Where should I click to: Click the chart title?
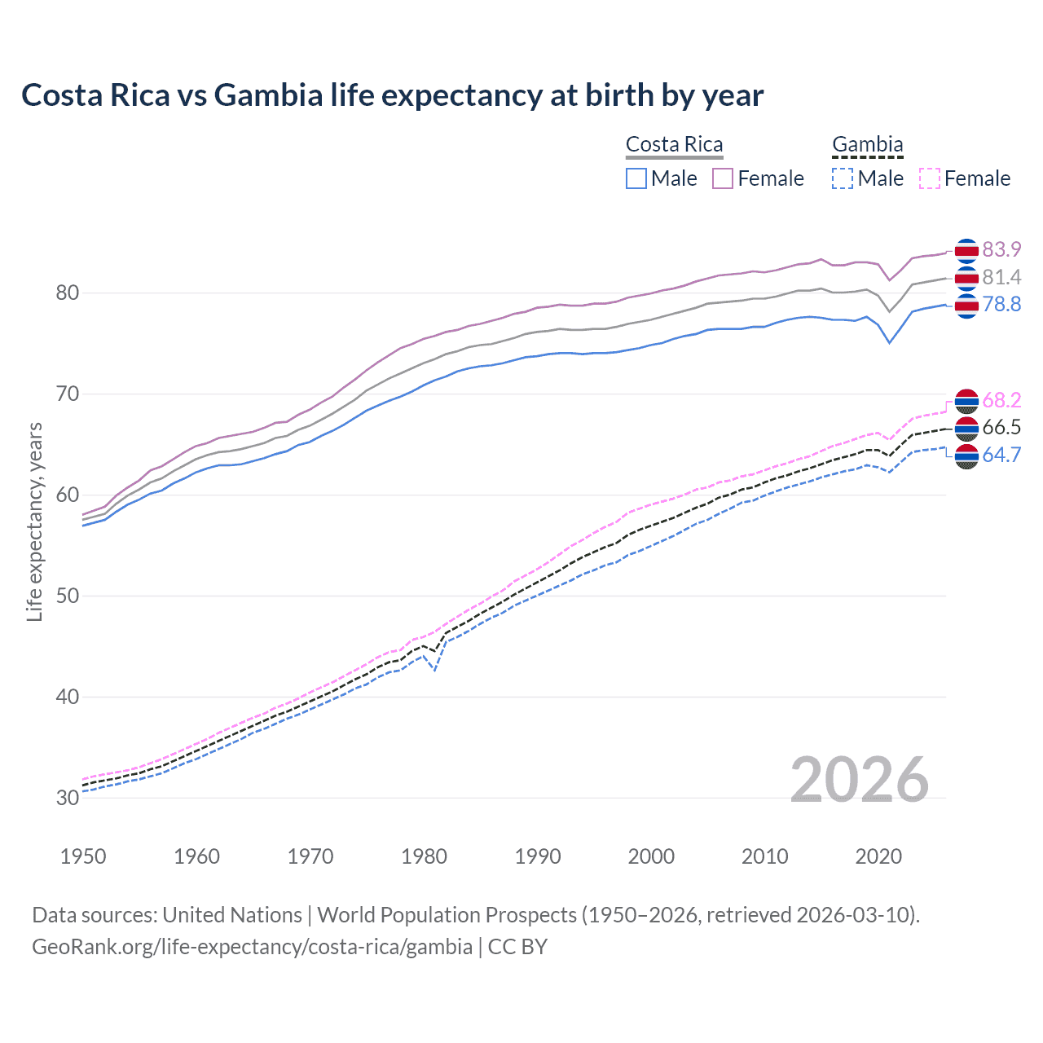(392, 95)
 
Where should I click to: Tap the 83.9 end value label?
(1001, 249)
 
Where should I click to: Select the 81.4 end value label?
(1001, 277)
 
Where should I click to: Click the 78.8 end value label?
(1001, 304)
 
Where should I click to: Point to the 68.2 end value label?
(1001, 400)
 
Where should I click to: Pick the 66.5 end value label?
(1001, 427)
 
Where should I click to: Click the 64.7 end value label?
(1001, 455)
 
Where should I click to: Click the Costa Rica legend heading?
(674, 144)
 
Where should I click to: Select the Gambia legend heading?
(867, 144)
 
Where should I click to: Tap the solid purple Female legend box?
(723, 178)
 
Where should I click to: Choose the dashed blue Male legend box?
(843, 178)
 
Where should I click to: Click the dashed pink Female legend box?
(930, 178)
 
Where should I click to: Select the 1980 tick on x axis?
(424, 856)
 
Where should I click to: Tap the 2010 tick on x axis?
(764, 856)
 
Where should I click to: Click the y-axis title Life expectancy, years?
(34, 521)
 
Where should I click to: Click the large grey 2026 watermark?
(859, 780)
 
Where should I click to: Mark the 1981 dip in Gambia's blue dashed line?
(435, 671)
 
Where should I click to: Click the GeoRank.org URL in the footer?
(252, 946)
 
